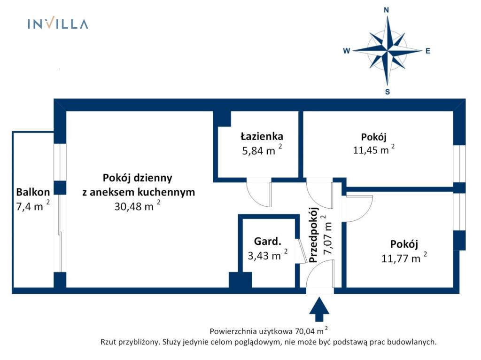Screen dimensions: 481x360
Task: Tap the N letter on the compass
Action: coord(386,10)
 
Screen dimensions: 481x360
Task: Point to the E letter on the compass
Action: coord(427,51)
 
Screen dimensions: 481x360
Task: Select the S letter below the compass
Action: coord(387,92)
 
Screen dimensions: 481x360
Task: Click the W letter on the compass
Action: coord(347,51)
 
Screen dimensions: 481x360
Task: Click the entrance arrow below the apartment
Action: coord(319,309)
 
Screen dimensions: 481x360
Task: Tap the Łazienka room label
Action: coord(262,136)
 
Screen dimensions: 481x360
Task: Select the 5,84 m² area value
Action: coord(262,150)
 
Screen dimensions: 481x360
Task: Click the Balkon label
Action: coord(33,192)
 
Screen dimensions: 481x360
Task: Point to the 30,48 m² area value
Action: coord(137,206)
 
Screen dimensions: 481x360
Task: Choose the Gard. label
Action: coord(267,241)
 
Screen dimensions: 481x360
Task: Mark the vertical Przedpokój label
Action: coord(314,235)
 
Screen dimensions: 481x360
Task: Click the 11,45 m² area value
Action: coord(373,150)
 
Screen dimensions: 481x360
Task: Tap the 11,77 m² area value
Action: coord(403,258)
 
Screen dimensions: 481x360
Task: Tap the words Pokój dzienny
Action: coord(138,178)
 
